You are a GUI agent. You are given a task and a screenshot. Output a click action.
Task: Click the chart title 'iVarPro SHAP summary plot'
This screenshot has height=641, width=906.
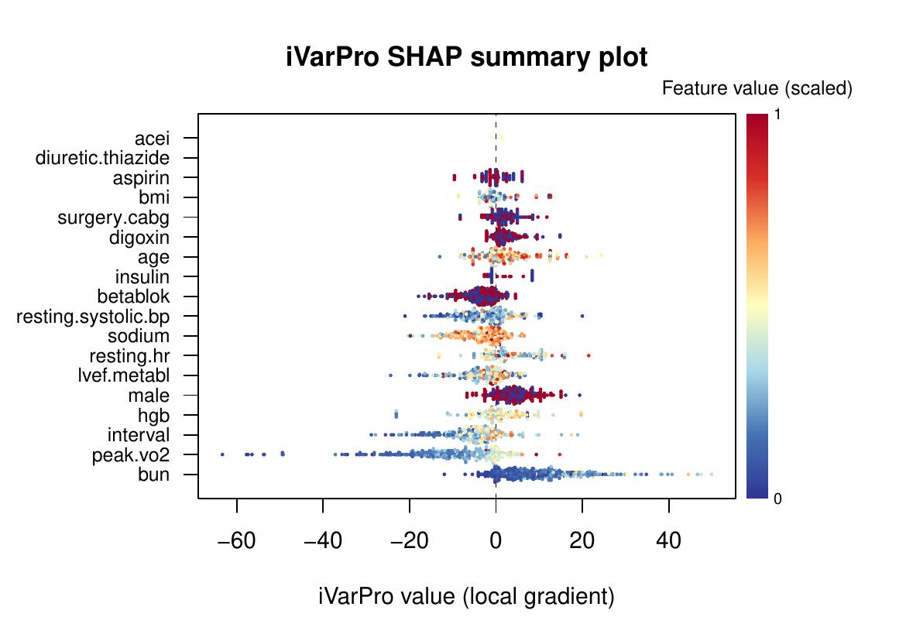(x=466, y=58)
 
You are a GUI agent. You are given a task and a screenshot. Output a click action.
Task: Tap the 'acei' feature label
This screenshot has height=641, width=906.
(x=152, y=139)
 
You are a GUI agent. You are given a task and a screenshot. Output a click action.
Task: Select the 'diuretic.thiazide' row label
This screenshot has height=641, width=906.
(x=102, y=159)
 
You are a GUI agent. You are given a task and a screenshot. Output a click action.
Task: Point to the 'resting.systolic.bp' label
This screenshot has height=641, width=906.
(x=93, y=317)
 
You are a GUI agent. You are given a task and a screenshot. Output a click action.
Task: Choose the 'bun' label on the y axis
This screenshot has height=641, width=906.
(x=153, y=475)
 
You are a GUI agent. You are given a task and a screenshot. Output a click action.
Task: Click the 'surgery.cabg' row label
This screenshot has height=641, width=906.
(x=113, y=218)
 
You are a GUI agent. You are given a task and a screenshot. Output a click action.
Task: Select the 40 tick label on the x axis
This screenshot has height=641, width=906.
(x=668, y=540)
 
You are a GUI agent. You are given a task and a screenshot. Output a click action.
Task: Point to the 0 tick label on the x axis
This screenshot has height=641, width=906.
(x=496, y=540)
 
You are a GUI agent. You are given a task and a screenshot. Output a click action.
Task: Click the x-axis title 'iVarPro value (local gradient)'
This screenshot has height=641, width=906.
(x=466, y=597)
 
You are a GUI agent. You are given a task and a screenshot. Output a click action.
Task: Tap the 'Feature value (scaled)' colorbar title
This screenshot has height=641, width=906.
(x=757, y=89)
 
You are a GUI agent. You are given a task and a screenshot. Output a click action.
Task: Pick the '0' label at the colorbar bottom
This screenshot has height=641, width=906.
(x=778, y=499)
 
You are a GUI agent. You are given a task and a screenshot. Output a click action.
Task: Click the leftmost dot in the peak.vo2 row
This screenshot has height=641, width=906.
(x=222, y=454)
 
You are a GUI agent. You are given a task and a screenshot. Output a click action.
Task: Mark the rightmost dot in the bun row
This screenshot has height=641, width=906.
(x=711, y=474)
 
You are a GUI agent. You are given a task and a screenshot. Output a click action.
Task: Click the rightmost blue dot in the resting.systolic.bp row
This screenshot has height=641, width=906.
(x=582, y=316)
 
